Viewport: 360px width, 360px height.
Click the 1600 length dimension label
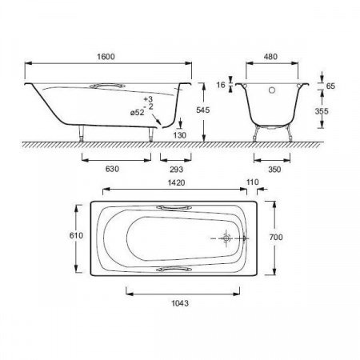tap(106, 57)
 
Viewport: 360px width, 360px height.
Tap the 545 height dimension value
tap(203, 110)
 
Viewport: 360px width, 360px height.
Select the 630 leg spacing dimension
tap(112, 169)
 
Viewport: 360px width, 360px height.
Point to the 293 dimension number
tap(176, 169)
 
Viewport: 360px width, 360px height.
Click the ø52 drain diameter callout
tap(138, 113)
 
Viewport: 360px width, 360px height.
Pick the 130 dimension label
tap(179, 135)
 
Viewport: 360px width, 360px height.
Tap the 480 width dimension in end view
tap(270, 57)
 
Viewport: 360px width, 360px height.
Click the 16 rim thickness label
tap(221, 85)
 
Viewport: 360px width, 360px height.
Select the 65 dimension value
tap(330, 86)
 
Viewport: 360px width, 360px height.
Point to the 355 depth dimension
tap(322, 111)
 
